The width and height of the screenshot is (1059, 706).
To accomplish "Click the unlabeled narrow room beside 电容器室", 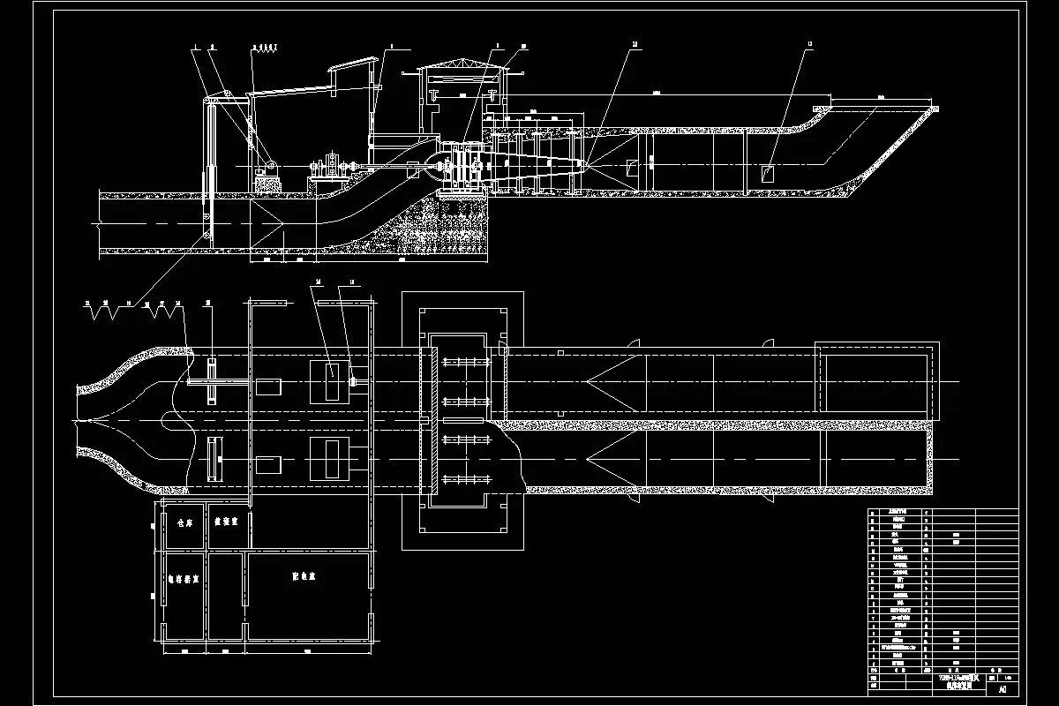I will point(227,587).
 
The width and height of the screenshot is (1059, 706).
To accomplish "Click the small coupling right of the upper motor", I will point(353,381).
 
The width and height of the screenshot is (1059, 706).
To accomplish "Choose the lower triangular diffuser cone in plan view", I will point(615,458).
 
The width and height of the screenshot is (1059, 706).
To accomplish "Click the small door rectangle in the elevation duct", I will point(766,174).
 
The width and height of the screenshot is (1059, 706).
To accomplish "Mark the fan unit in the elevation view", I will point(463,166).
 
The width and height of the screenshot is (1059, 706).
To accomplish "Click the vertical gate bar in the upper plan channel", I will point(213,381).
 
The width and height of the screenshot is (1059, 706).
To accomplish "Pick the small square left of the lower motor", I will point(268,462).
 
